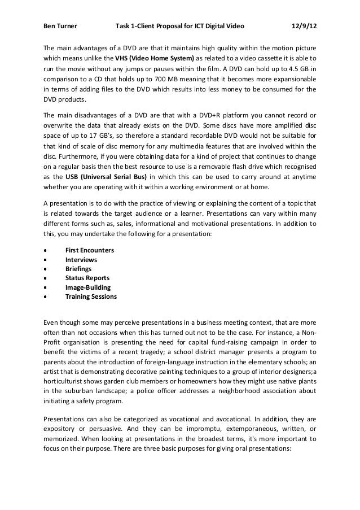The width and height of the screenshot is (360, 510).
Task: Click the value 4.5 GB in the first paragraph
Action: pos(296,68)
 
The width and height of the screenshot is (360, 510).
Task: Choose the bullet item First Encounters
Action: pos(89,250)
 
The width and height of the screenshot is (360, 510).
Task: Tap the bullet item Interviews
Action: pos(81,259)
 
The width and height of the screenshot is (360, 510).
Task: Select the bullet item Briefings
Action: pos(79,268)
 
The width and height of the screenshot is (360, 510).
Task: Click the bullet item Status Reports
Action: pos(87,278)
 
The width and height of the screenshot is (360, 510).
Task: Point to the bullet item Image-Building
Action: pos(88,287)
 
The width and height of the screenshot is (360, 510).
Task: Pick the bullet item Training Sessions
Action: pos(91,296)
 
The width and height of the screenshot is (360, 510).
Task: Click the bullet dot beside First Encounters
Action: pos(45,250)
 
